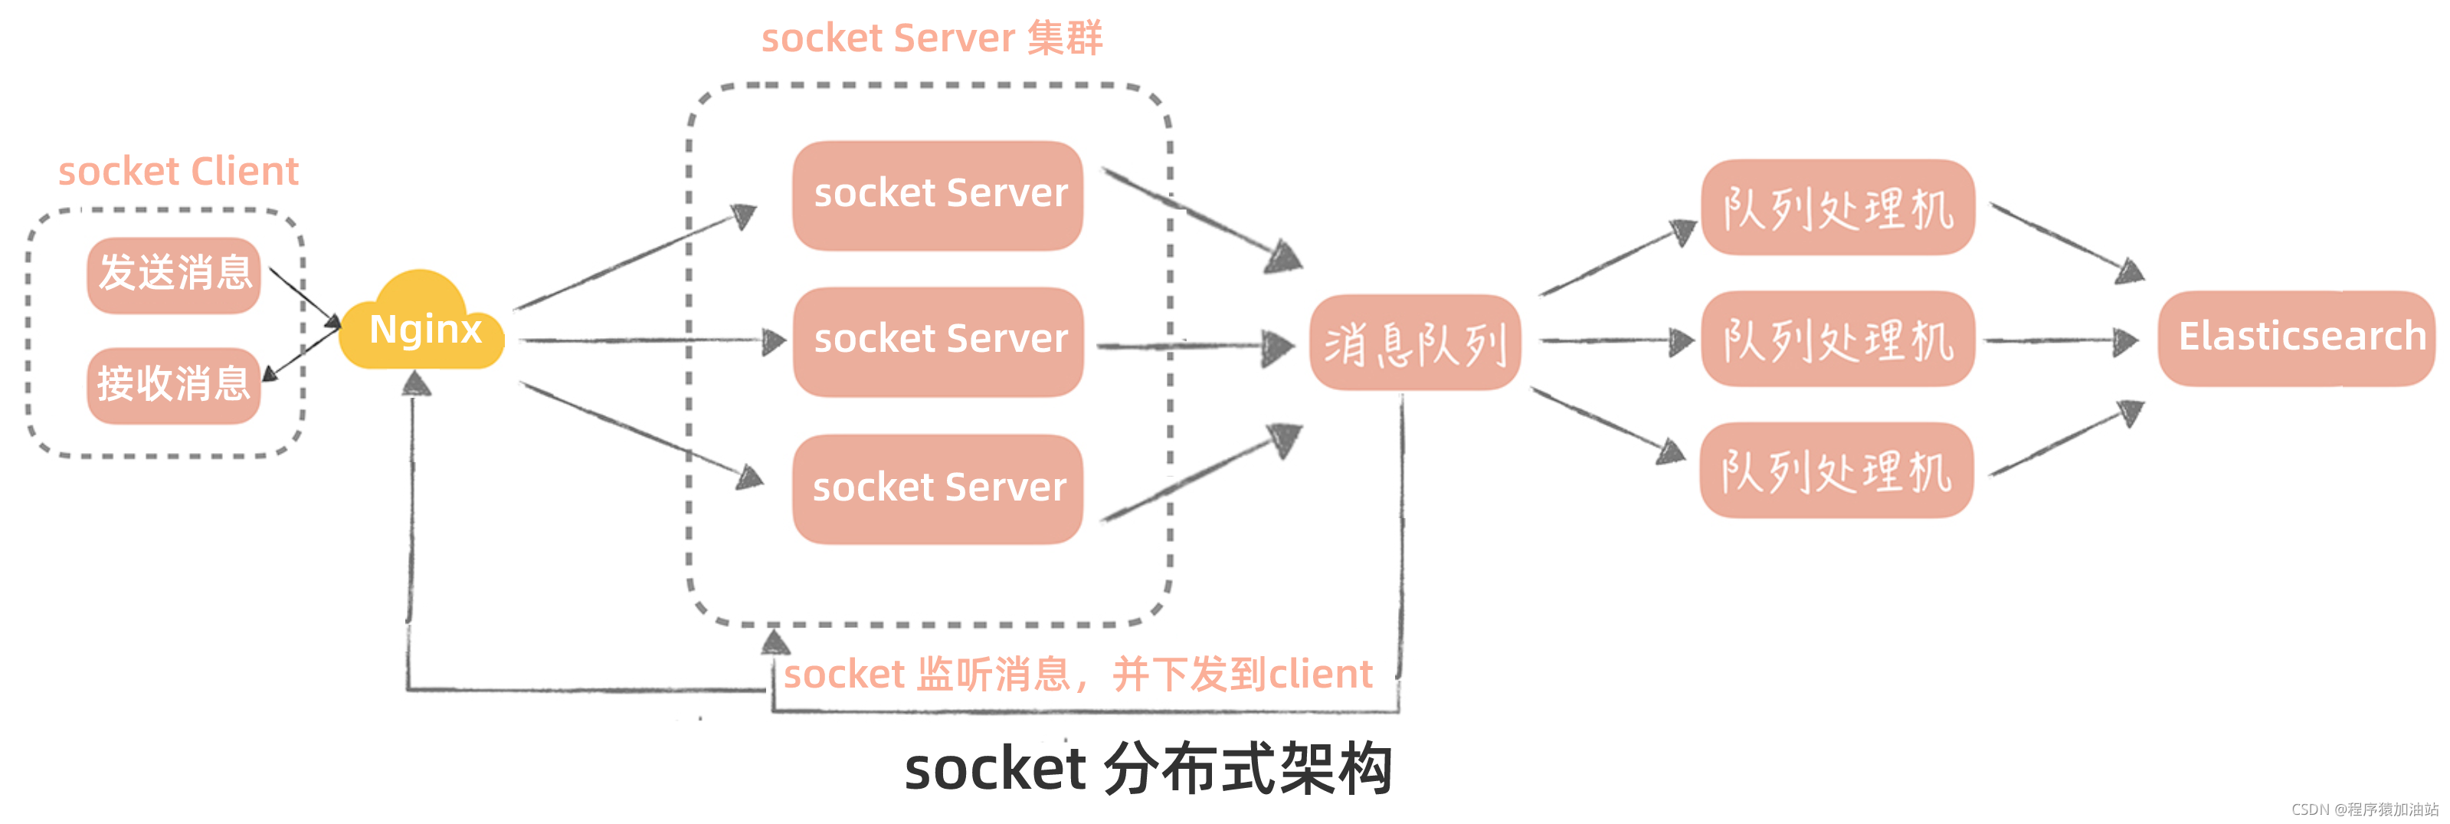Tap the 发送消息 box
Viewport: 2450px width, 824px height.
174,274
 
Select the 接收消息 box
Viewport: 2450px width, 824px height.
174,385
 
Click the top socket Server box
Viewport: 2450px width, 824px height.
938,195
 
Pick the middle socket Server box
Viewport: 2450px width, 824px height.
938,340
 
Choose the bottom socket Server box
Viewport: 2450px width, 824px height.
938,488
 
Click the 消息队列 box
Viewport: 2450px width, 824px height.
1414,343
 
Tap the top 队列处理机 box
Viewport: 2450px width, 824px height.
1836,208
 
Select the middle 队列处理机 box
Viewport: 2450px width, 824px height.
1836,340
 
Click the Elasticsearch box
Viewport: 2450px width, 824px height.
2297,338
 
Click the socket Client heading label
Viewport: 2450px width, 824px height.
178,171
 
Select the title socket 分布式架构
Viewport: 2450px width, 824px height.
1147,769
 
